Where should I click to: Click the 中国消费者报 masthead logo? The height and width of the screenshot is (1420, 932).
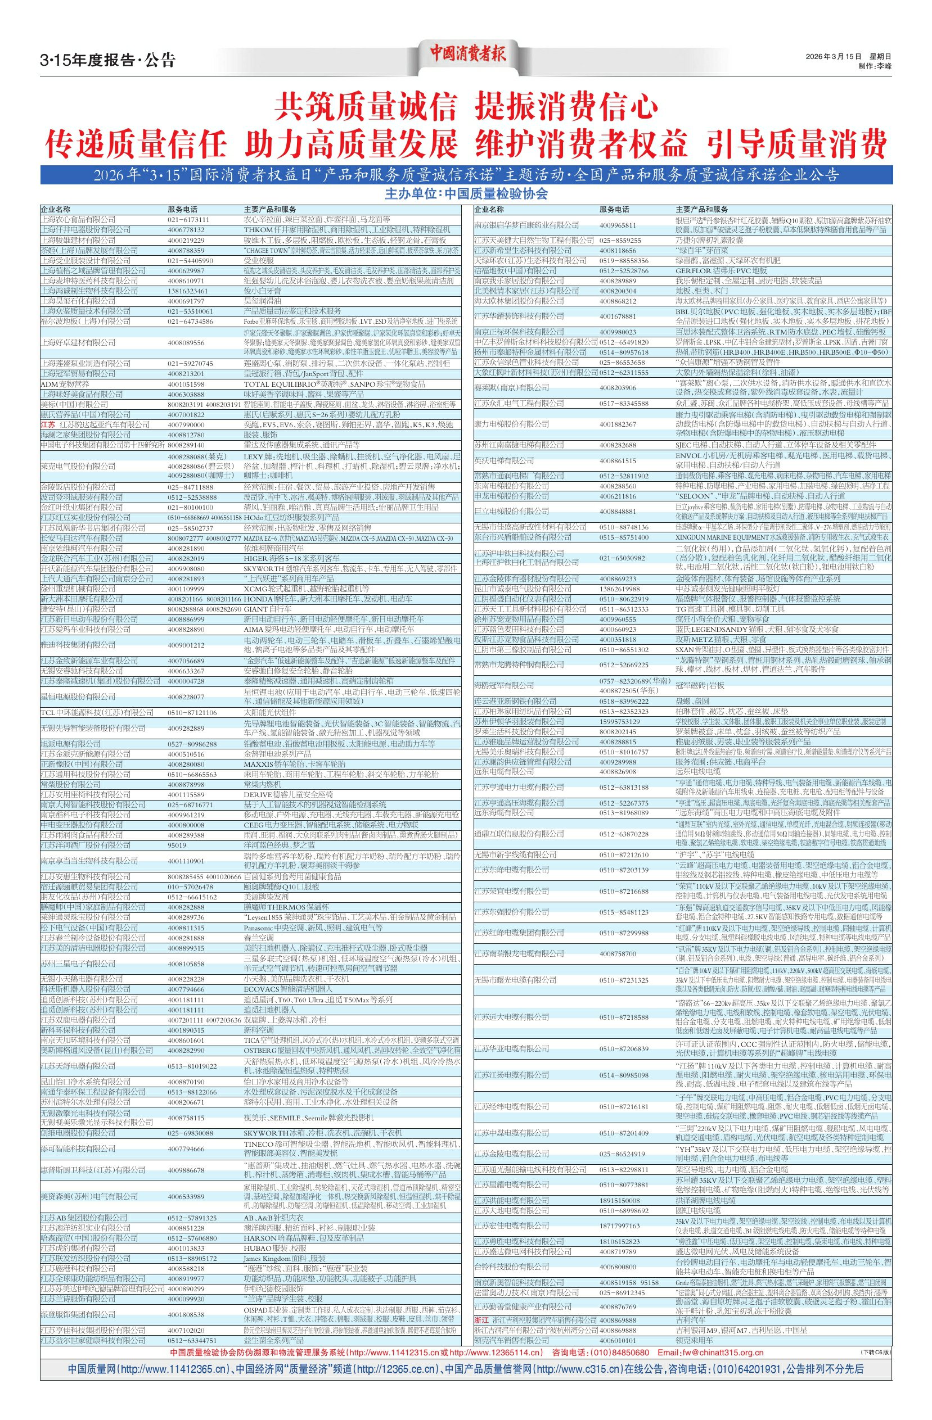pyautogui.click(x=467, y=54)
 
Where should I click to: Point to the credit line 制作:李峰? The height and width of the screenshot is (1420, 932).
pyautogui.click(x=874, y=66)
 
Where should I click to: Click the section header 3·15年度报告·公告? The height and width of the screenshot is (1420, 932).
pyautogui.click(x=107, y=60)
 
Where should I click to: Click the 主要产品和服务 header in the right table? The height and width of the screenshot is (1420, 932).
pyautogui.click(x=701, y=210)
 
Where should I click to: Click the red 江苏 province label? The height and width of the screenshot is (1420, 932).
pyautogui.click(x=47, y=424)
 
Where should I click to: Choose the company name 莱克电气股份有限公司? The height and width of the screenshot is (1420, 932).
pyautogui.click(x=78, y=465)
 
